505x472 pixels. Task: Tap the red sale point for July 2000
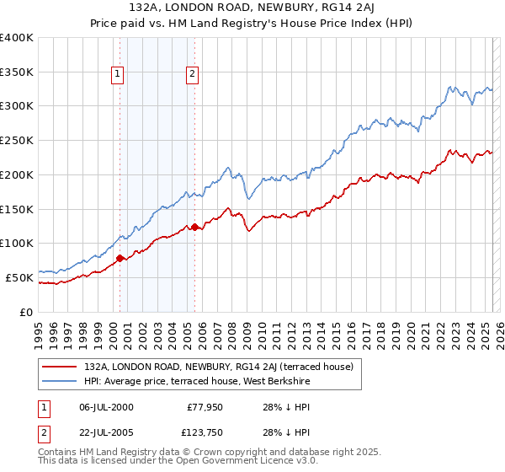[x=120, y=258]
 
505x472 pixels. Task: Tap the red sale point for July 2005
[x=194, y=227]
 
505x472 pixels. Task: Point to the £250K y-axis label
[x=17, y=141]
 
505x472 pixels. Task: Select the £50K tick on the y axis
[x=19, y=277]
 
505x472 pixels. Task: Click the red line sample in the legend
[x=58, y=367]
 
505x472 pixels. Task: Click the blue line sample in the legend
[x=58, y=382]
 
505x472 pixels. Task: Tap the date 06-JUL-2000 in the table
[x=106, y=407]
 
